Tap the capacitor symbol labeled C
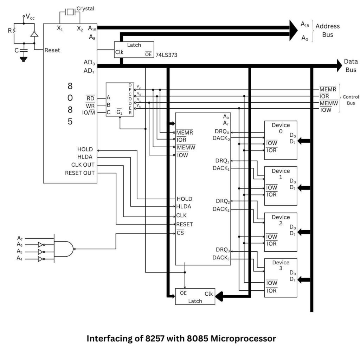point(24,51)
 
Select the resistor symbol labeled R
point(14,30)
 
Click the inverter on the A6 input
point(41,244)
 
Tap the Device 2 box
point(281,232)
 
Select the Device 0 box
point(281,140)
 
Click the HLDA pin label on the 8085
point(85,157)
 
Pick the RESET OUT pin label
point(80,173)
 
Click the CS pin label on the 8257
point(180,233)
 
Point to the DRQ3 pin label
point(223,250)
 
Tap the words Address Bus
point(327,30)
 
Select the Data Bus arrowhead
point(339,65)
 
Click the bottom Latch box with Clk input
point(195,296)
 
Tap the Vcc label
point(30,17)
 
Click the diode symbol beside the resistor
point(34,34)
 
